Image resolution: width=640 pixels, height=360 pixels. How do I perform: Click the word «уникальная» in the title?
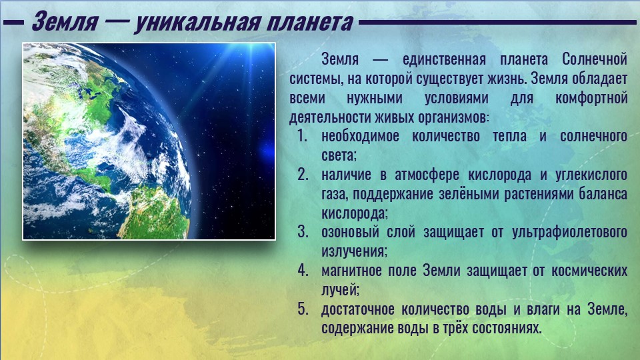coord(197,23)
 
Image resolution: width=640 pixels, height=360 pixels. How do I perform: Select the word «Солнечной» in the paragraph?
coord(594,59)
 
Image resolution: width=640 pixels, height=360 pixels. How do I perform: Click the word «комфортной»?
coord(591,99)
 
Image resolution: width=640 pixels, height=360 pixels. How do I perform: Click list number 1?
coord(301,136)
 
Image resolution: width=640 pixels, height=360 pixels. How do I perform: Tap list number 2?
coord(303,174)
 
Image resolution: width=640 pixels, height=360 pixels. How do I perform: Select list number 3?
coord(303,232)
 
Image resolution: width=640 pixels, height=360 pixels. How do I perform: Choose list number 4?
coord(303,270)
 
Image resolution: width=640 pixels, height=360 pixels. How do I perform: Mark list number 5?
coord(303,309)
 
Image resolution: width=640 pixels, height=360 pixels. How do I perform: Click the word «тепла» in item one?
coord(509,136)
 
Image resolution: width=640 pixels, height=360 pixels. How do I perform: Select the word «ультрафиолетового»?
coord(569,232)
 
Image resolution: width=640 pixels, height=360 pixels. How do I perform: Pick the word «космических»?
coord(589,271)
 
